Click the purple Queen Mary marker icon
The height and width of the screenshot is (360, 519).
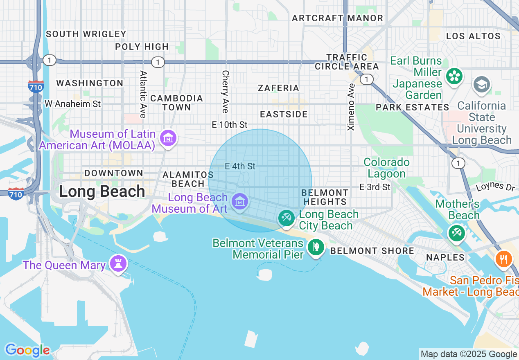[119, 264]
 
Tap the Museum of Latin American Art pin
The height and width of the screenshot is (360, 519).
[168, 138]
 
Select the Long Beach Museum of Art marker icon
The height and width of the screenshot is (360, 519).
[239, 202]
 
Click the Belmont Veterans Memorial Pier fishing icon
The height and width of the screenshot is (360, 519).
[316, 247]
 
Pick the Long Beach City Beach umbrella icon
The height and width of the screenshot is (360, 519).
[286, 218]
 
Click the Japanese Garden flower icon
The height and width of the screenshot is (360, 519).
[454, 76]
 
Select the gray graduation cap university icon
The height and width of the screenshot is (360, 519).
[482, 85]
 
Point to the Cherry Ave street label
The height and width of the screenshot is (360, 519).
[225, 91]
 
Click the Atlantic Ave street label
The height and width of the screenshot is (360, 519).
[143, 94]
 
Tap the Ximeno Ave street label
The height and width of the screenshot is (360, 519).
[351, 107]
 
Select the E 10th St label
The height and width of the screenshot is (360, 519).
[230, 124]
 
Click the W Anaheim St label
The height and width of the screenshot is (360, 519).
[72, 104]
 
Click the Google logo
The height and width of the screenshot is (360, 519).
[27, 350]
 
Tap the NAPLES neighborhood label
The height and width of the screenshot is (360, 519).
[445, 257]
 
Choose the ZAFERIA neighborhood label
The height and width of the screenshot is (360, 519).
[278, 88]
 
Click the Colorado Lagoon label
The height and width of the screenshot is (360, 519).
[386, 168]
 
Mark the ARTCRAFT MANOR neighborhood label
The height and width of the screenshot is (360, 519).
[337, 18]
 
